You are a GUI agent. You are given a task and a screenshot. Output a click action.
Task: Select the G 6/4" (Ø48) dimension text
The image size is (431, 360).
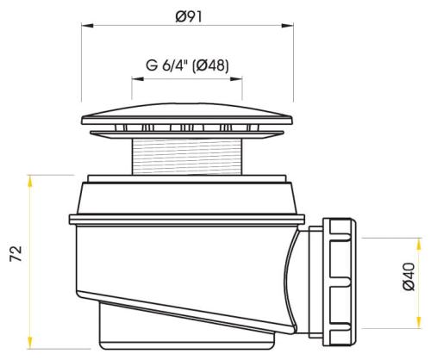click(187, 65)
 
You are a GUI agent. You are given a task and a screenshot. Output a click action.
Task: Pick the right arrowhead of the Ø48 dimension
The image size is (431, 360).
click(240, 77)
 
